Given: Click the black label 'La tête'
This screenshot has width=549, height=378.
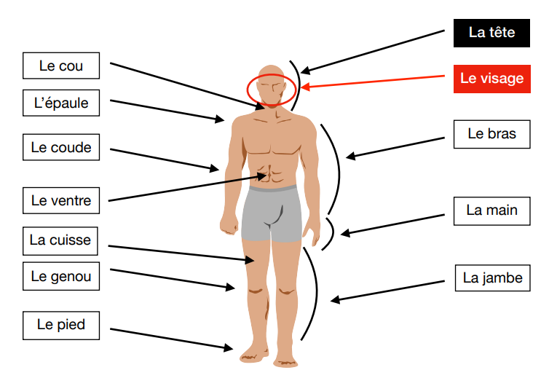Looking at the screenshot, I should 491,33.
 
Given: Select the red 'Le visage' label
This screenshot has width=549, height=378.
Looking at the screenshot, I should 491,79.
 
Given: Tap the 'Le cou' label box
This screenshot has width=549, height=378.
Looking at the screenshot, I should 61,66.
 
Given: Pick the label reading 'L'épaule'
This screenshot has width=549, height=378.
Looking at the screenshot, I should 61,103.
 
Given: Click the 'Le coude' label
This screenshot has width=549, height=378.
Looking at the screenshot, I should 61,148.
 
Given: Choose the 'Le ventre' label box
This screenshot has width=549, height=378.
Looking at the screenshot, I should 61,200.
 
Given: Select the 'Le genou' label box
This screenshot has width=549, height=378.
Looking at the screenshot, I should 61,277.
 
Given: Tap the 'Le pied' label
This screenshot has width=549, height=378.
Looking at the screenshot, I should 61,325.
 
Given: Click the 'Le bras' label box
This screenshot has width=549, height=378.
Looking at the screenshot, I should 491,134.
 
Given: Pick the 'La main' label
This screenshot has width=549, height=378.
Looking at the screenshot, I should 491,210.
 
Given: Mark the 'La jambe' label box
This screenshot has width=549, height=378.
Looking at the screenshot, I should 492,277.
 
